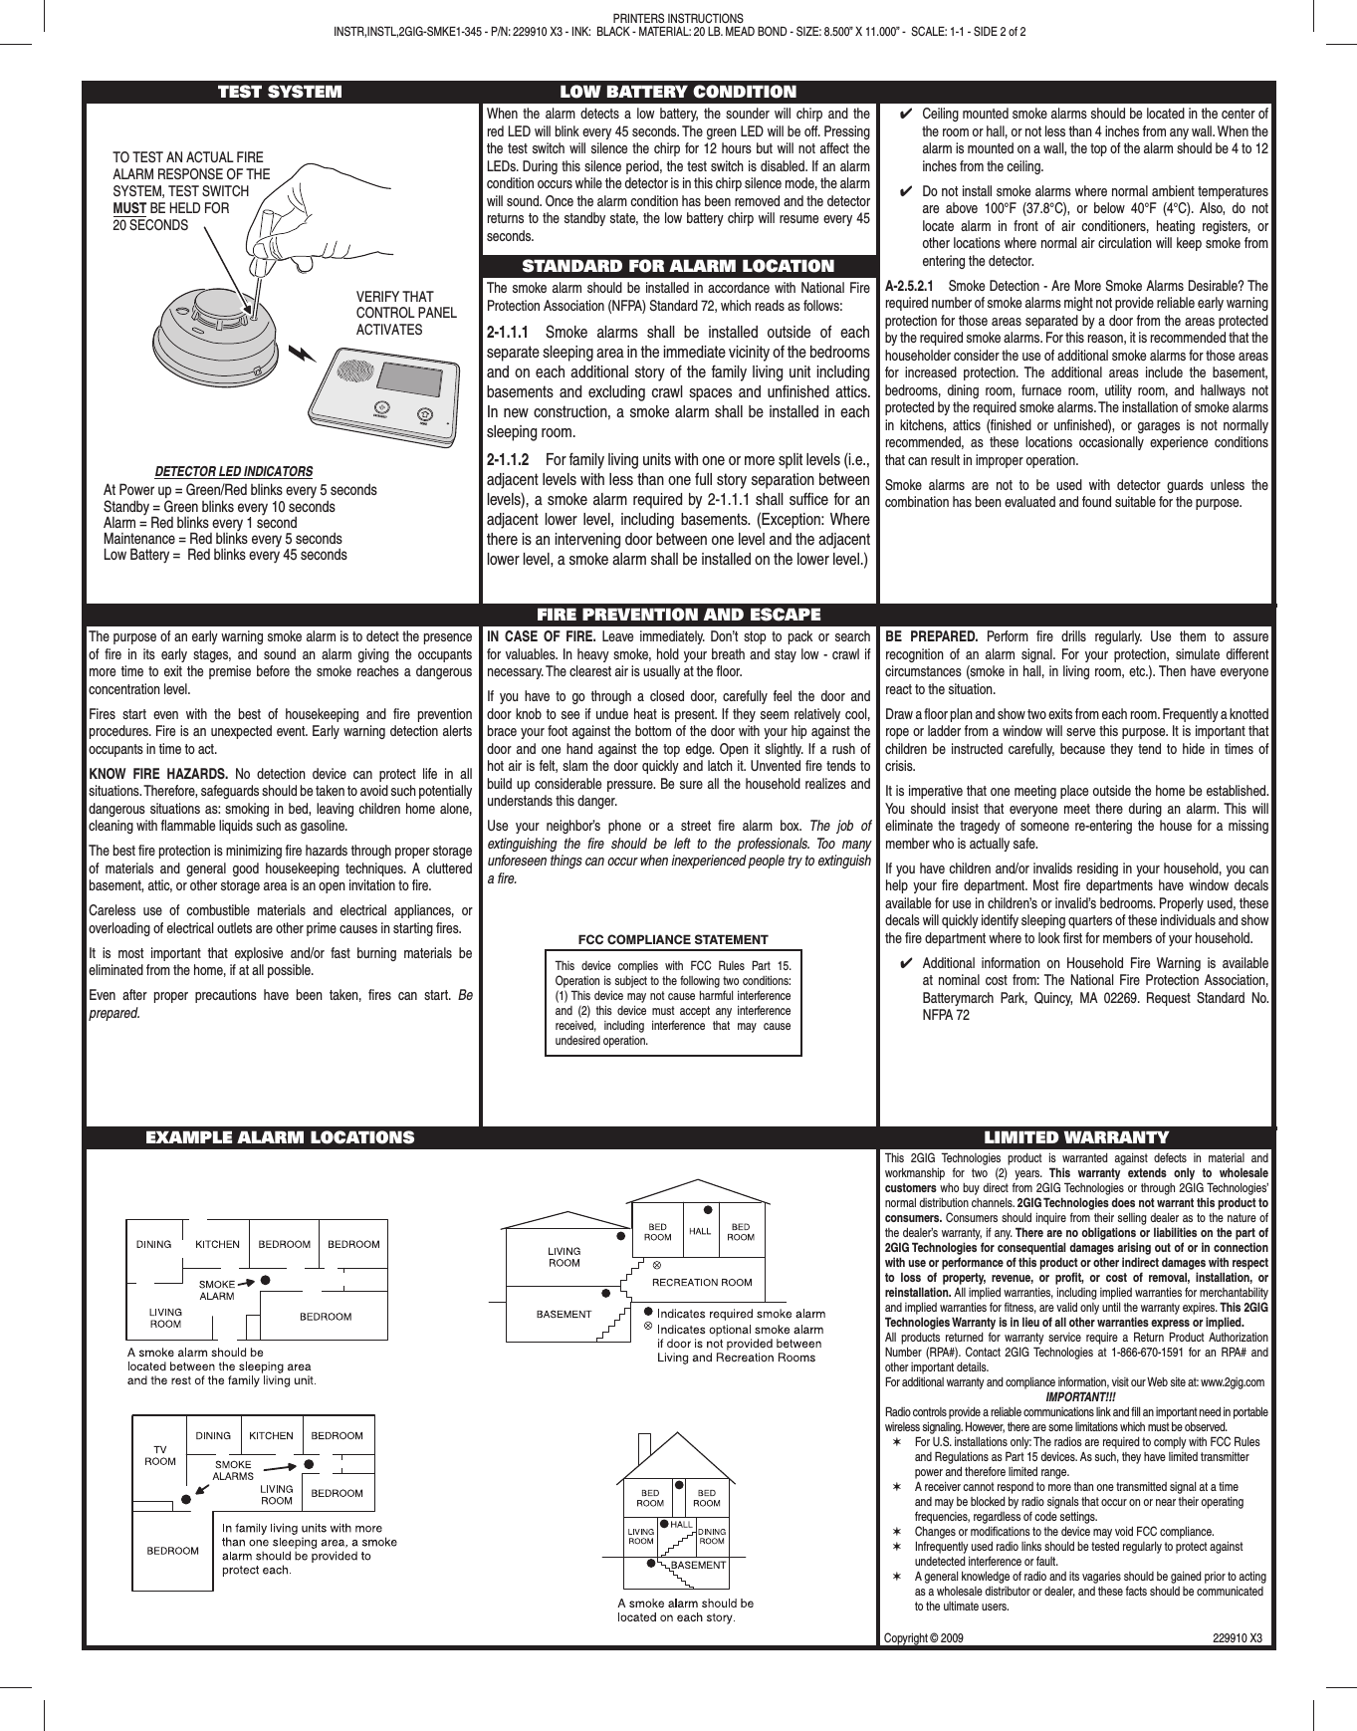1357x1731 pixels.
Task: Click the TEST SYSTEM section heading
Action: [280, 93]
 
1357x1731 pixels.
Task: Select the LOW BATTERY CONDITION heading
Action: [678, 93]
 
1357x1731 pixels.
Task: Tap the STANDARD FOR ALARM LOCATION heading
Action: [678, 266]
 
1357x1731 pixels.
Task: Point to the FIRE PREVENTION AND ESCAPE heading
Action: [678, 615]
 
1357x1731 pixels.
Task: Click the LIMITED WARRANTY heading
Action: [1076, 1137]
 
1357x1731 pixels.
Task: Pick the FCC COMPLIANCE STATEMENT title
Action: [673, 939]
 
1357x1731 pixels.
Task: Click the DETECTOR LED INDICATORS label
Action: [234, 471]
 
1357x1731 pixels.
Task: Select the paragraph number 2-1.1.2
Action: [508, 460]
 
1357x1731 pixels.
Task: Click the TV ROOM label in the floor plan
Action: [160, 1455]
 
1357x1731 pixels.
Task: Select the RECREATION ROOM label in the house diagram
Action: [702, 1283]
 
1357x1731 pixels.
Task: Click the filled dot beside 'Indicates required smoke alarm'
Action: [648, 1312]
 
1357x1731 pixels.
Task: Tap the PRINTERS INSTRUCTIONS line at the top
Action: [678, 19]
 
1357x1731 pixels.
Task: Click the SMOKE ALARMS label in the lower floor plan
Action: [234, 1470]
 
